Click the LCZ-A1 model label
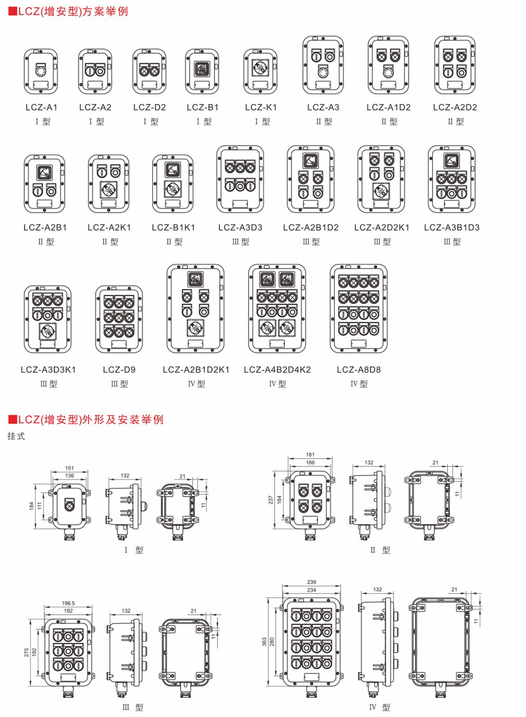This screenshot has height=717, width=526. (x=41, y=107)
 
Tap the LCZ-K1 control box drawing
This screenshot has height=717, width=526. (x=260, y=71)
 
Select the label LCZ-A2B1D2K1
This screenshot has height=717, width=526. (x=196, y=370)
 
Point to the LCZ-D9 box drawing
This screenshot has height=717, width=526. (x=119, y=319)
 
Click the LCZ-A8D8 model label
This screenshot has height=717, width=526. (x=359, y=370)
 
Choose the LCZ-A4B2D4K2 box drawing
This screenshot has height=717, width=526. (x=277, y=308)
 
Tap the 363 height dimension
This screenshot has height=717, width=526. (x=265, y=641)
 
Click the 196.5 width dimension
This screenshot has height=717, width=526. (x=68, y=603)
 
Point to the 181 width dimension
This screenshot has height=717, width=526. (x=310, y=455)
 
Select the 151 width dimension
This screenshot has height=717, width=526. (x=70, y=468)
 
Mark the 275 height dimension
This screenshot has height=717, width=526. (x=27, y=652)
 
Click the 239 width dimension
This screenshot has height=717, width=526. (x=311, y=582)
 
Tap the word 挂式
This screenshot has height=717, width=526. (x=16, y=436)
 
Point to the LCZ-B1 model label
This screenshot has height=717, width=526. (x=202, y=107)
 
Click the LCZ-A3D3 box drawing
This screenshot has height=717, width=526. (x=240, y=179)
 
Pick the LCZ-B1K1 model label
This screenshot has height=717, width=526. (x=173, y=228)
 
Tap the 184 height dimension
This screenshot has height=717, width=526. (x=32, y=506)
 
